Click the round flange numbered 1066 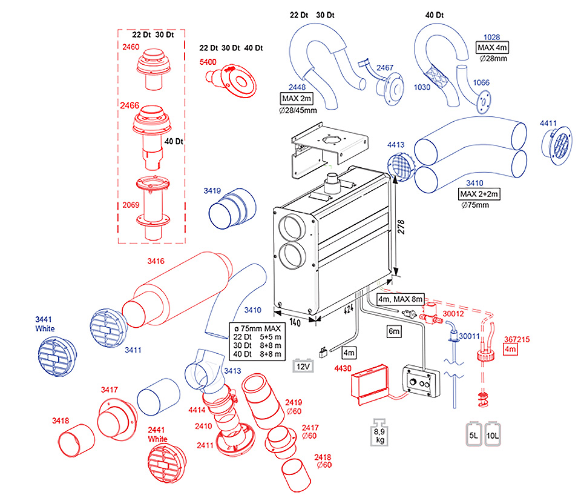(483, 99)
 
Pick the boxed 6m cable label (395, 331)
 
